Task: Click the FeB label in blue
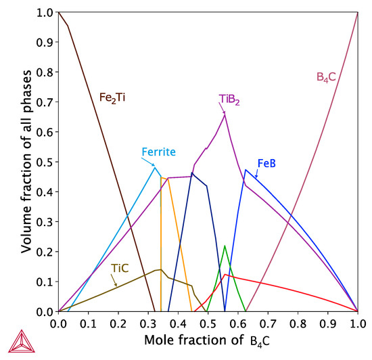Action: [x=266, y=164]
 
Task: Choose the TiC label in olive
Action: [x=120, y=269]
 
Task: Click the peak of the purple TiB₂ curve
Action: [x=225, y=114]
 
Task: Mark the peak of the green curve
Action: [x=225, y=246]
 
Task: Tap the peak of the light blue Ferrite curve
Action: [x=155, y=167]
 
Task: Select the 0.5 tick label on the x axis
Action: [x=208, y=325]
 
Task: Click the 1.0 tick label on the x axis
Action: [x=358, y=325]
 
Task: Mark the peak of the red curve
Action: [x=225, y=274]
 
